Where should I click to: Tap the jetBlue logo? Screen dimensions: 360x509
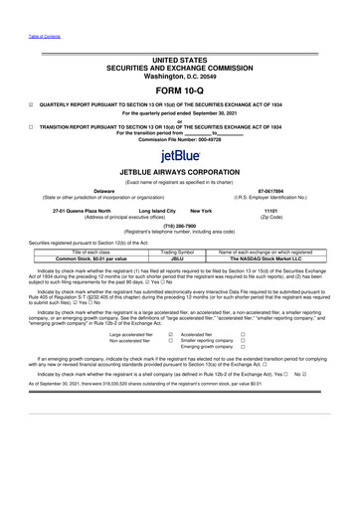(x=180, y=157)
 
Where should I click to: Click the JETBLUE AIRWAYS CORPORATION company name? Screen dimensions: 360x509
(x=180, y=173)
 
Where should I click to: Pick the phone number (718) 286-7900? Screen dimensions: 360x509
(x=180, y=225)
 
